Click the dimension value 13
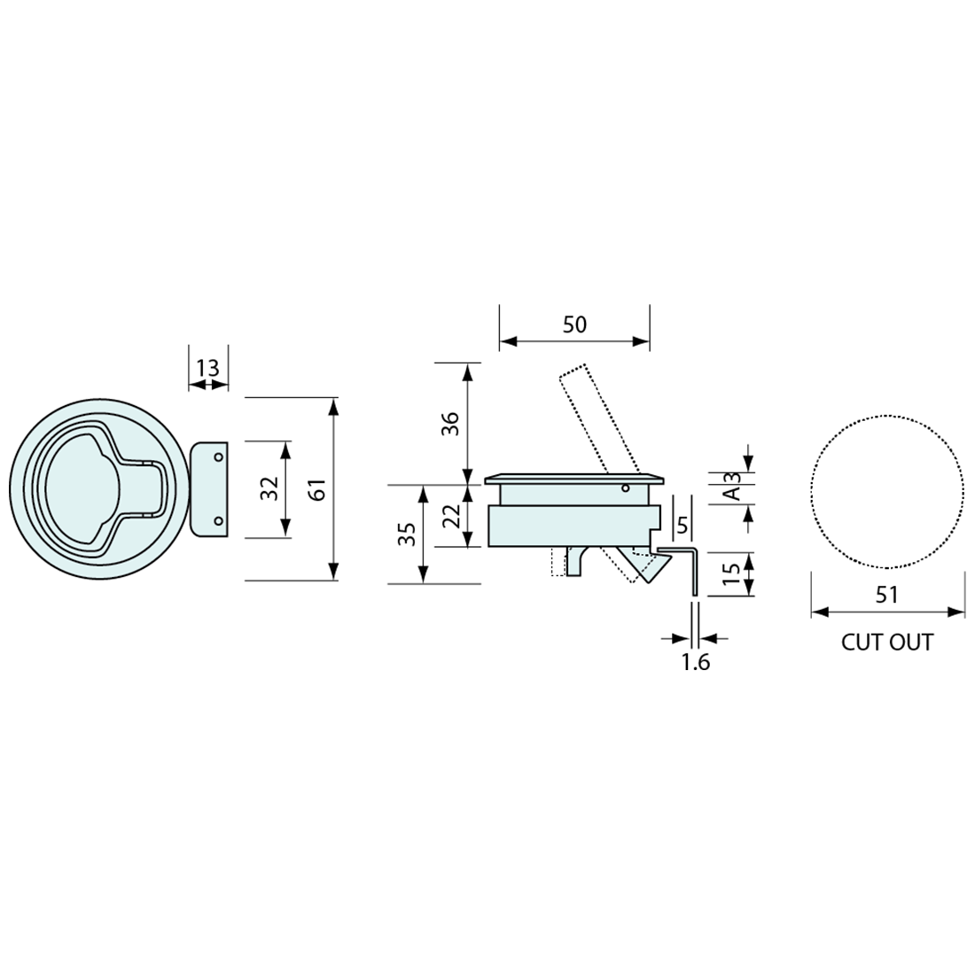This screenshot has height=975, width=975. coord(207,368)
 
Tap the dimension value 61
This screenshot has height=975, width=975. coord(318,489)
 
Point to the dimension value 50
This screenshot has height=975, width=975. coord(574,324)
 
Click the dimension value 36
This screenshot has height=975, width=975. coord(449,423)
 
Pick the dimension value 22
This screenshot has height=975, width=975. coord(450,515)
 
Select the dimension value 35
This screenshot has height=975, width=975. coord(407,534)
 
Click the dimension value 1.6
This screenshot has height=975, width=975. coord(696,661)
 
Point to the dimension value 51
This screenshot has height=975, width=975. coord(886,595)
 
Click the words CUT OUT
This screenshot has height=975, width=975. coord(886,642)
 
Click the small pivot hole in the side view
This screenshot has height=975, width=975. coord(625,487)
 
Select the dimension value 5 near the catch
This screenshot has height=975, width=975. coord(682,526)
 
